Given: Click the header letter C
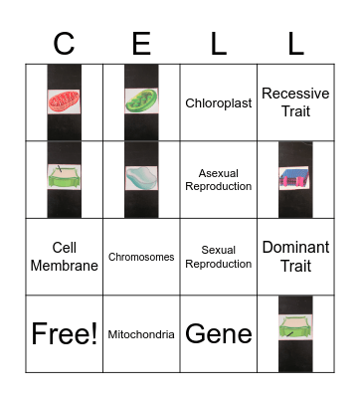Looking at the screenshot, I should (64, 43).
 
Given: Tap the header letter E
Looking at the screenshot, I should (141, 43).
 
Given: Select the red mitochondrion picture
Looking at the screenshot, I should (64, 100).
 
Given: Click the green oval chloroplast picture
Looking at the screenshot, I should (141, 100).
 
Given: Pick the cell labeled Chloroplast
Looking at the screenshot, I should (218, 102).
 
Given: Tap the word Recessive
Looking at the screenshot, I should (295, 94).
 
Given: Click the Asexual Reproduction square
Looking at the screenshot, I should (218, 179).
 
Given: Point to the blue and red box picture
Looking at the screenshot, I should (295, 177).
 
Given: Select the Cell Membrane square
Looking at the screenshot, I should (64, 257).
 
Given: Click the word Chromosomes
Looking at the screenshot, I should (141, 257).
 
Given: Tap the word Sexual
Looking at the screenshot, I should (218, 250).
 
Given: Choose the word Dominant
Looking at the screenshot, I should (295, 248).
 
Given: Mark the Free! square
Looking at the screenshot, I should (64, 333).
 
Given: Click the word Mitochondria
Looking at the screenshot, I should (141, 334).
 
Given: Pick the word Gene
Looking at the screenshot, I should (218, 333).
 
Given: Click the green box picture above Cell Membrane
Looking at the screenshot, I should (64, 176).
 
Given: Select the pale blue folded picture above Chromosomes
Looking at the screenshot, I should (141, 178).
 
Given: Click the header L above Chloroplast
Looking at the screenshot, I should (218, 43).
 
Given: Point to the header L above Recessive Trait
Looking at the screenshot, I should (295, 43).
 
